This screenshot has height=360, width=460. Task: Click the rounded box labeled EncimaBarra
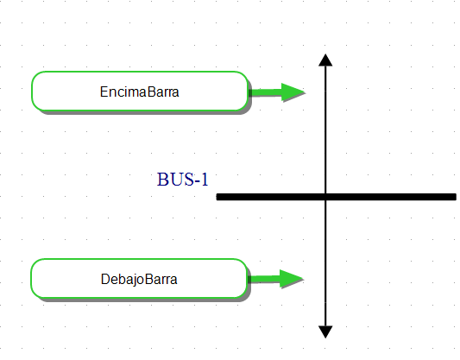[x=140, y=91]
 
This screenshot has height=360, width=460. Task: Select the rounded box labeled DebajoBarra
[x=139, y=278]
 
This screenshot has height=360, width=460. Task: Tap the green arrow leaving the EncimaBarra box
[x=277, y=92]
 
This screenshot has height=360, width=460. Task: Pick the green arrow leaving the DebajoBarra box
[x=276, y=279]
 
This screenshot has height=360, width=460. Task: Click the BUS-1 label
[x=182, y=180]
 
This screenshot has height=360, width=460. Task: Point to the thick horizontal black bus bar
[x=337, y=197]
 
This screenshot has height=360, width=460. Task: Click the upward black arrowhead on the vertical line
[x=325, y=60]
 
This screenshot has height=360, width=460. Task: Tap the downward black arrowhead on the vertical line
[x=325, y=332]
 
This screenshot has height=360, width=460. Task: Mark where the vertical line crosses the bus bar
[x=325, y=197]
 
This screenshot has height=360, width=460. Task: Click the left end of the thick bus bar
[x=217, y=197]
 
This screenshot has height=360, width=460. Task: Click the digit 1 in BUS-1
[x=205, y=180]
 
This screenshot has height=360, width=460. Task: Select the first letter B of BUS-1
[x=162, y=180]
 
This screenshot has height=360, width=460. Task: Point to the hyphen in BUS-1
[x=198, y=181]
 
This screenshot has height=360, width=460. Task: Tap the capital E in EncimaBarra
[x=104, y=92]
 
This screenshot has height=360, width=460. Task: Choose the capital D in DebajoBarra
[x=105, y=279]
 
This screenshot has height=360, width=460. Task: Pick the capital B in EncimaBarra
[x=151, y=92]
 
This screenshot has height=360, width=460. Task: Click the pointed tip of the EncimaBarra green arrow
[x=306, y=92]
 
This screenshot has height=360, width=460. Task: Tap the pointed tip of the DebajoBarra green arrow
[x=304, y=279]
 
